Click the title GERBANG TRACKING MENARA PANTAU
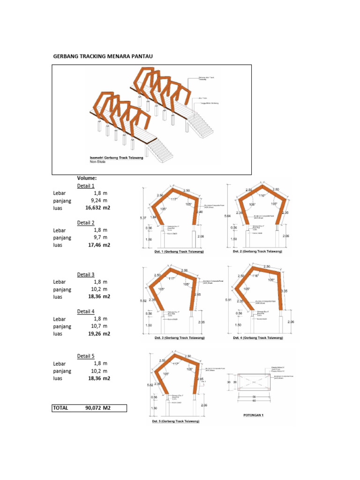click(103, 57)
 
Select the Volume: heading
click(87, 178)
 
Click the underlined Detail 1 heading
click(86, 186)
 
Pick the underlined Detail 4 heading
click(86, 311)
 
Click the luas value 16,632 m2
click(97, 208)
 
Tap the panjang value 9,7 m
click(100, 238)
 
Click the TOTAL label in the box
click(60, 408)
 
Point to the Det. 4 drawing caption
click(258, 337)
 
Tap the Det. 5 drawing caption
click(176, 421)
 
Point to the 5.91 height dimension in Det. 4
click(228, 300)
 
